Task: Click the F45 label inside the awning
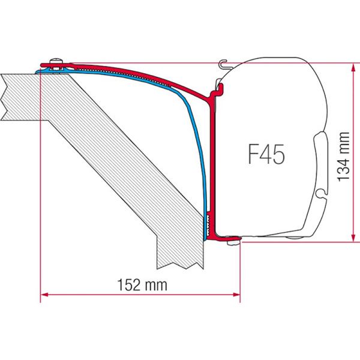coord(265,154)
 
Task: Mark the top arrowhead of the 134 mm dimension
coord(350,65)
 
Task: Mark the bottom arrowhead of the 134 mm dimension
coord(350,238)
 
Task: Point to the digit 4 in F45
coord(265,154)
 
